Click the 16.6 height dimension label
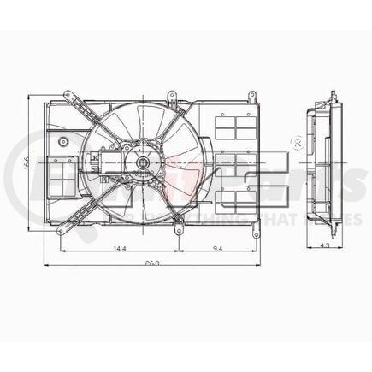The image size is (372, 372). (x=29, y=159)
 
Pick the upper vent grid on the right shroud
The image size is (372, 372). (x=228, y=128)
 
